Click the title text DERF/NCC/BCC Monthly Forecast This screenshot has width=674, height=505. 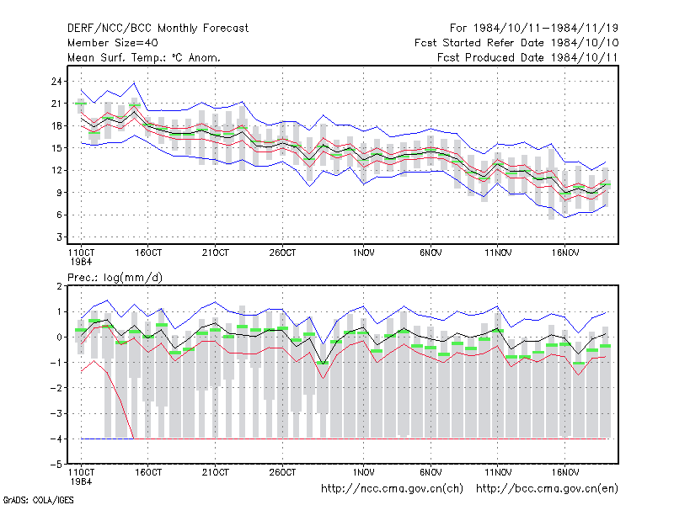click(158, 29)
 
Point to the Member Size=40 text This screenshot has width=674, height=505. click(113, 43)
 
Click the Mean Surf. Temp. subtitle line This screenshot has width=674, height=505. click(144, 57)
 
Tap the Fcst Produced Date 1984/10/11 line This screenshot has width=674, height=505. click(527, 57)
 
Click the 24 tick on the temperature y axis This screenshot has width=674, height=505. click(56, 81)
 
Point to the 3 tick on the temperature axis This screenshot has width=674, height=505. click(59, 237)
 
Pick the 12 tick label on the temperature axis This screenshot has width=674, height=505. click(56, 171)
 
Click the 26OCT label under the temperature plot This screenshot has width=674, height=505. click(282, 253)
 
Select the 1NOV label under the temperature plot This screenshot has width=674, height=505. click(364, 253)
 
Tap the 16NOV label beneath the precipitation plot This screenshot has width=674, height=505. click(565, 472)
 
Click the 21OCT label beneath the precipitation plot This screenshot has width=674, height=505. click(216, 472)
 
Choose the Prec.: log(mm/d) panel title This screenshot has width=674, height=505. click(115, 278)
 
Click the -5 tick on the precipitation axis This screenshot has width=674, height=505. click(56, 465)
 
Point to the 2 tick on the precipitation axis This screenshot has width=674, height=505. click(59, 286)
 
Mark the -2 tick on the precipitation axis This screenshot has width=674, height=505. click(56, 388)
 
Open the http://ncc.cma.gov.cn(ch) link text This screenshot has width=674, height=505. click(393, 489)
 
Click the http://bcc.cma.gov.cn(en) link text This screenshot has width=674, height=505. click(547, 489)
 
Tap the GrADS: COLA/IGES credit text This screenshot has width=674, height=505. click(38, 500)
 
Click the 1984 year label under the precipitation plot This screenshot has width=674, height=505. click(81, 481)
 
